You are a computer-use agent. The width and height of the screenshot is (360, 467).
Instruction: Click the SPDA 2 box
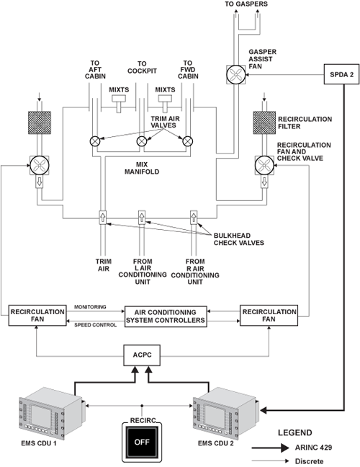341,74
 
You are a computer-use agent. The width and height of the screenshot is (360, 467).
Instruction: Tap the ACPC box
142,355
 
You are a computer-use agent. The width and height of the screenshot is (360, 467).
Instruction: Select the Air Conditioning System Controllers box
166,316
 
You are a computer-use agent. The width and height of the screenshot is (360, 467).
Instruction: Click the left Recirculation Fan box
37,316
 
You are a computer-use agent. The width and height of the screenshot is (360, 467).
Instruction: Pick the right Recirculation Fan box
269,316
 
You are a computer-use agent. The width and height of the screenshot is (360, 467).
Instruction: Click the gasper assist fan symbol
236,74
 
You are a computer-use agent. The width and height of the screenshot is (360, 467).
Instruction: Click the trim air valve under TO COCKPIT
142,141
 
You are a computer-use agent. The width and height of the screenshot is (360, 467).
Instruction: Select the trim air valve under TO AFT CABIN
95,141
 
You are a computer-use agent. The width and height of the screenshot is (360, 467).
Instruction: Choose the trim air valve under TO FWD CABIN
187,141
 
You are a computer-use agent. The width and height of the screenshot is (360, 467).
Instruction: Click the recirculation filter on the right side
264,123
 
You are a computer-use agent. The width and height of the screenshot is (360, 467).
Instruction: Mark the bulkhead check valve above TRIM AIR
103,217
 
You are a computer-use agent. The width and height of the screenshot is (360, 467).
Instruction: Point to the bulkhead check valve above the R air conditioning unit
194,217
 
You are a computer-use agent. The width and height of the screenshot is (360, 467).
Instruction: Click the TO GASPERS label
246,4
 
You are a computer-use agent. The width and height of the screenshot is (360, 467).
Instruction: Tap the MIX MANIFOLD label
142,168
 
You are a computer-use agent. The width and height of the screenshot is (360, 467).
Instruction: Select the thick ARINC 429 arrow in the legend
270,448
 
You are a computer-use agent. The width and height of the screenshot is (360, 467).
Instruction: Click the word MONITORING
90,307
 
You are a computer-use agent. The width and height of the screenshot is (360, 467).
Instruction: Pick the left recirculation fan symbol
40,165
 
